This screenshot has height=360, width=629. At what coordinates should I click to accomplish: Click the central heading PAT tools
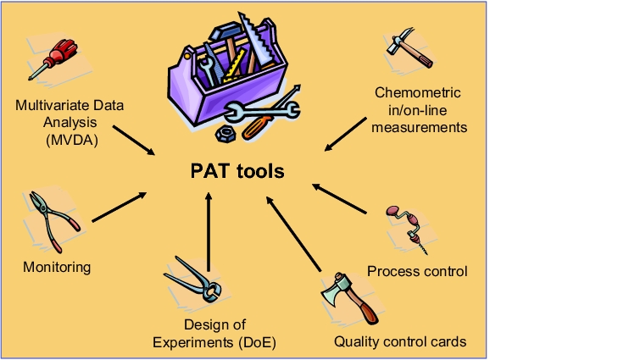(x=237, y=171)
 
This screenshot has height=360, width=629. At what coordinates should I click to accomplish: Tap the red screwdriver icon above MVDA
(x=53, y=59)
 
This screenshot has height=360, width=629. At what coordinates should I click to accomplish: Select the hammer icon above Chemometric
(x=409, y=47)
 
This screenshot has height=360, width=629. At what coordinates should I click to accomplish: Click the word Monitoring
(x=57, y=267)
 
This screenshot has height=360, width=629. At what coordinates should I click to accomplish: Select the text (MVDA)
(x=72, y=140)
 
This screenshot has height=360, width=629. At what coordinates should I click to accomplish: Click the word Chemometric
(x=418, y=92)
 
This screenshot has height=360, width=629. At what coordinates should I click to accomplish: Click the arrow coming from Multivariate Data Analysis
(x=134, y=141)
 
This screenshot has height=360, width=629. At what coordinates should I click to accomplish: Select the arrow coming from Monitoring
(x=120, y=207)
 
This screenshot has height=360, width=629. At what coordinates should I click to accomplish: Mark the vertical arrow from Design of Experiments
(x=209, y=232)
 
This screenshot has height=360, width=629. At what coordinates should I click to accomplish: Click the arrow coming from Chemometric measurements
(x=345, y=135)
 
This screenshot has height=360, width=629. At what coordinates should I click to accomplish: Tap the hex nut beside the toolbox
(x=225, y=134)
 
